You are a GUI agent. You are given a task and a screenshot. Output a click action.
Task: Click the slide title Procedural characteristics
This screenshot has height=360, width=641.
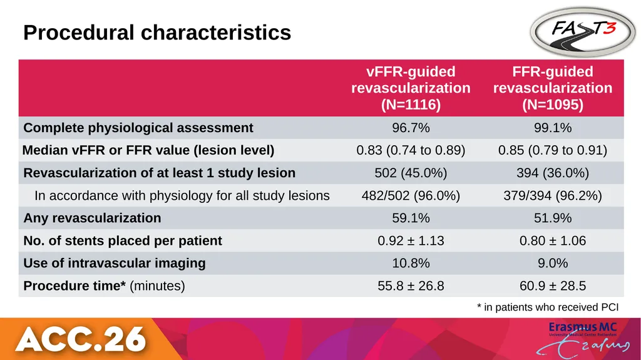157,33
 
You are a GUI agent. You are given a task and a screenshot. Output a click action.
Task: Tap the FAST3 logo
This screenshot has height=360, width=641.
583,31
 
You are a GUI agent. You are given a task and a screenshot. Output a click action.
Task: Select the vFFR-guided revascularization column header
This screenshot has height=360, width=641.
411,88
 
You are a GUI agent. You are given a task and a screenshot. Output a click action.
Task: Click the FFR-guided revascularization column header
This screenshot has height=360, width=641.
553,88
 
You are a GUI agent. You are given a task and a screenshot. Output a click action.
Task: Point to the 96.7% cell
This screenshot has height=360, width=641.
411,128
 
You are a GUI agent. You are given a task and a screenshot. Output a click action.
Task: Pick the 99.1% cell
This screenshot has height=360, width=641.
553,128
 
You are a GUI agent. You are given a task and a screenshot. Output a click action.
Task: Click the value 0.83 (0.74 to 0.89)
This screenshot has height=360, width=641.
411,150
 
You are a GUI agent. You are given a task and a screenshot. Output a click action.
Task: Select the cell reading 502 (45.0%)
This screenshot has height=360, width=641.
411,173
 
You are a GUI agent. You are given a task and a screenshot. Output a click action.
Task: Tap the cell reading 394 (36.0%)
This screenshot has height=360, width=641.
553,173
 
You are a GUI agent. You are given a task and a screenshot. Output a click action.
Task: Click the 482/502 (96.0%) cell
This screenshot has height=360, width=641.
411,195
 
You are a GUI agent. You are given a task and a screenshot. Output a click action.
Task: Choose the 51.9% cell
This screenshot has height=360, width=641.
553,218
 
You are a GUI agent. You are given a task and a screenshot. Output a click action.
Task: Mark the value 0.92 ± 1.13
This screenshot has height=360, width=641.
411,240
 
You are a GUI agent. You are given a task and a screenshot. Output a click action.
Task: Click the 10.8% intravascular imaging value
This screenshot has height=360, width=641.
411,263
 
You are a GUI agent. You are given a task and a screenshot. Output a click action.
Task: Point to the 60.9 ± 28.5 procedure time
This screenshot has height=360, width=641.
553,285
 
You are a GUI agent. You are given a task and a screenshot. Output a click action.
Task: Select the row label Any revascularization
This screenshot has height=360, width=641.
92,218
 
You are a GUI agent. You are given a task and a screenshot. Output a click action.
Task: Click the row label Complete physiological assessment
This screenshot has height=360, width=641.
138,128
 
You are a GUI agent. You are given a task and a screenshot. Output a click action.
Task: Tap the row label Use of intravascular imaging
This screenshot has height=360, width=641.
115,263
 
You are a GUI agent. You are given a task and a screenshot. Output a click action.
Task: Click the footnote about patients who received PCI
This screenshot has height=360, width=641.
548,307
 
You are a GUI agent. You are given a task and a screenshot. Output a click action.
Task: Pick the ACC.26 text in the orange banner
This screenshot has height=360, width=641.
81,339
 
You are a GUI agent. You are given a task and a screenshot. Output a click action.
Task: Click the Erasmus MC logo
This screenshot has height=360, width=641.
583,338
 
